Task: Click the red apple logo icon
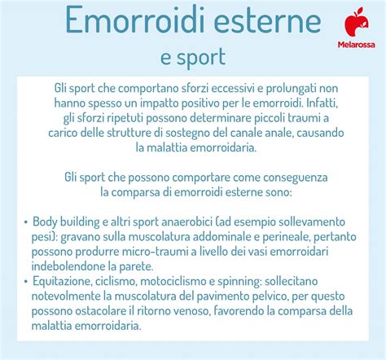click(x=357, y=22)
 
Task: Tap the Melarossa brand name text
click(x=357, y=45)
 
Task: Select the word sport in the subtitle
click(x=201, y=58)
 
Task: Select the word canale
click(x=247, y=133)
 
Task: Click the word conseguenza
click(x=296, y=178)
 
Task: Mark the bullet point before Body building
click(x=25, y=222)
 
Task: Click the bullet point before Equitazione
click(x=25, y=282)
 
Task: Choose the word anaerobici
click(x=186, y=222)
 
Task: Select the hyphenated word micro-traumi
click(x=156, y=252)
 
